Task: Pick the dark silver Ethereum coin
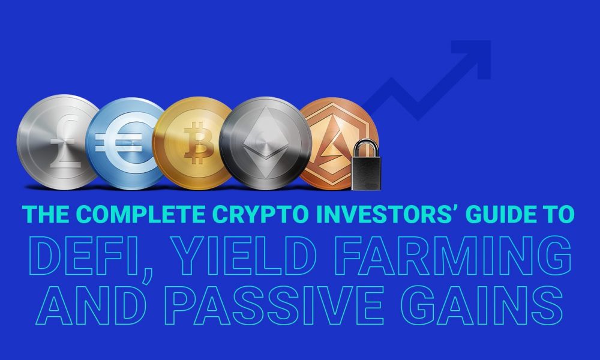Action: point(265,143)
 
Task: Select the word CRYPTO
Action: point(260,214)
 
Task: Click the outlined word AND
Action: point(91,305)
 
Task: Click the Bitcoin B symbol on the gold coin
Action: point(199,143)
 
